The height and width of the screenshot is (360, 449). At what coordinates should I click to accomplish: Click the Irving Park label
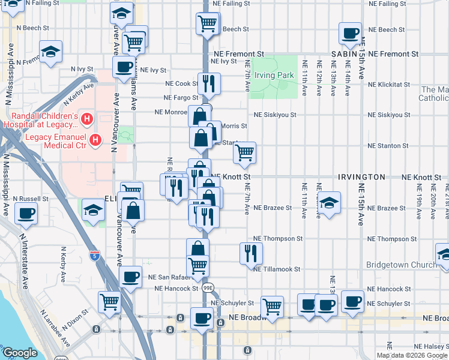[274, 75]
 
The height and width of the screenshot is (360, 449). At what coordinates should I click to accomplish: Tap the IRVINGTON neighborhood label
[361, 177]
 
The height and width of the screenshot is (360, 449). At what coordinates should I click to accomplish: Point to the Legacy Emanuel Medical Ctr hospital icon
[95, 141]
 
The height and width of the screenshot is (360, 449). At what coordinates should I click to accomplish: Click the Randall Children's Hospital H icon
[87, 120]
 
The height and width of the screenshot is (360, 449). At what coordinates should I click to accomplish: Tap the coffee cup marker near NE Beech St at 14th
[350, 34]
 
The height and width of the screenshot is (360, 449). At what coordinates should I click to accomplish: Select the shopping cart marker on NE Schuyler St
[273, 306]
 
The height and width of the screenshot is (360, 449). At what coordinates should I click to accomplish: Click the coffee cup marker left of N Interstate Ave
[26, 213]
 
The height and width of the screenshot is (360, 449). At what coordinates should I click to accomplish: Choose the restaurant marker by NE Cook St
[209, 84]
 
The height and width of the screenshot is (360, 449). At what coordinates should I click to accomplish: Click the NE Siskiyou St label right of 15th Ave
[389, 115]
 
